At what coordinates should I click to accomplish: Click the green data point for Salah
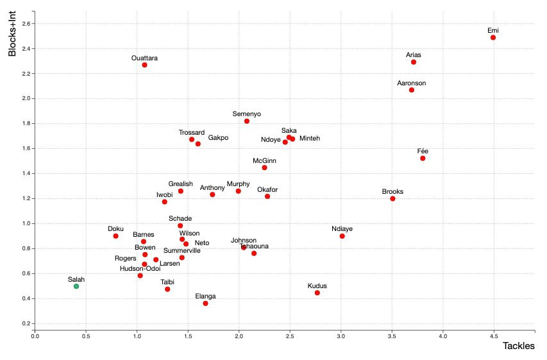point(76,286)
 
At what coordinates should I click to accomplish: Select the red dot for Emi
point(493,37)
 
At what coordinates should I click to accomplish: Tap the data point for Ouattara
point(145,65)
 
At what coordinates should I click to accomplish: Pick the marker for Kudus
point(317,293)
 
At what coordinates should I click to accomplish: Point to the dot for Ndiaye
point(342,236)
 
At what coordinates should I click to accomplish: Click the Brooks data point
point(392,199)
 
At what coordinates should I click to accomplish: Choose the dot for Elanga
point(205,303)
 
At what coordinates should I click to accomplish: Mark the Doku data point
point(116,236)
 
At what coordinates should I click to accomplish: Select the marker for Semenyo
point(247,121)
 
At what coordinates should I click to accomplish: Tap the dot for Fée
point(423,158)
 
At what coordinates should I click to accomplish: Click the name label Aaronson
point(412,83)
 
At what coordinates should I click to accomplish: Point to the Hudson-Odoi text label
point(140,268)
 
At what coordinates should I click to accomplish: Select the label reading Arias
point(414,55)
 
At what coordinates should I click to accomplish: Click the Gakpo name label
point(218,138)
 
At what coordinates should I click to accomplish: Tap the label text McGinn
point(264,160)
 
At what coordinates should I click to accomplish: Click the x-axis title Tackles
point(519,346)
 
